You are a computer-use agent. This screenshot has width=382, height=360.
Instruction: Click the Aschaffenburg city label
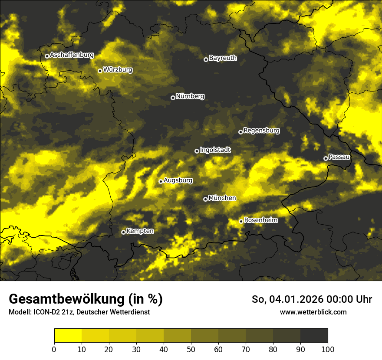pyautogui.click(x=72, y=55)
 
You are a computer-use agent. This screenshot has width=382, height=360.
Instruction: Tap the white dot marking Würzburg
pyautogui.click(x=100, y=71)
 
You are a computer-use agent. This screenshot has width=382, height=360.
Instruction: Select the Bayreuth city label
pyautogui.click(x=223, y=58)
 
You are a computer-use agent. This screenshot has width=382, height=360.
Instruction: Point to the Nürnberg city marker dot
pyautogui.click(x=173, y=98)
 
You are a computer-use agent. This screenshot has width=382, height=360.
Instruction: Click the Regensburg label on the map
pyautogui.click(x=261, y=131)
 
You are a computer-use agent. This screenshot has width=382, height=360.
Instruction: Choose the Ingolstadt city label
pyautogui.click(x=215, y=150)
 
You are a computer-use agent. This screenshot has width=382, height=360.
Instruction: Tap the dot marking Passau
pyautogui.click(x=326, y=158)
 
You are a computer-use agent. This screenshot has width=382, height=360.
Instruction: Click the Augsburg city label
pyautogui.click(x=178, y=180)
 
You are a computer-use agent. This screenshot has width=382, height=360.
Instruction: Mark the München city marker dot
pyautogui.click(x=205, y=200)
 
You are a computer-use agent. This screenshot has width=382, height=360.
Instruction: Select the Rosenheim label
pyautogui.click(x=261, y=220)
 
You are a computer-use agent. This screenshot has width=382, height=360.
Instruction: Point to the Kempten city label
pyautogui.click(x=140, y=231)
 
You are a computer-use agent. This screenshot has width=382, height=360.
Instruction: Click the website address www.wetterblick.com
pyautogui.click(x=313, y=312)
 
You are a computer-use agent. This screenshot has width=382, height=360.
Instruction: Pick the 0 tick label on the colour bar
pyautogui.click(x=54, y=349)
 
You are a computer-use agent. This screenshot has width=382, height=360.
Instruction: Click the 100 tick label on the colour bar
pyautogui.click(x=327, y=349)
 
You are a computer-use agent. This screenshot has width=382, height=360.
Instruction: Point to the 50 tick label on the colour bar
pyautogui.click(x=191, y=349)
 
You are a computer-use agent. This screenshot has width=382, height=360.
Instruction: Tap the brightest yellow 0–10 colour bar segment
pyautogui.click(x=68, y=336)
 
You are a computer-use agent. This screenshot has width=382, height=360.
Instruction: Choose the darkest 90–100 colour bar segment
pyautogui.click(x=314, y=336)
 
